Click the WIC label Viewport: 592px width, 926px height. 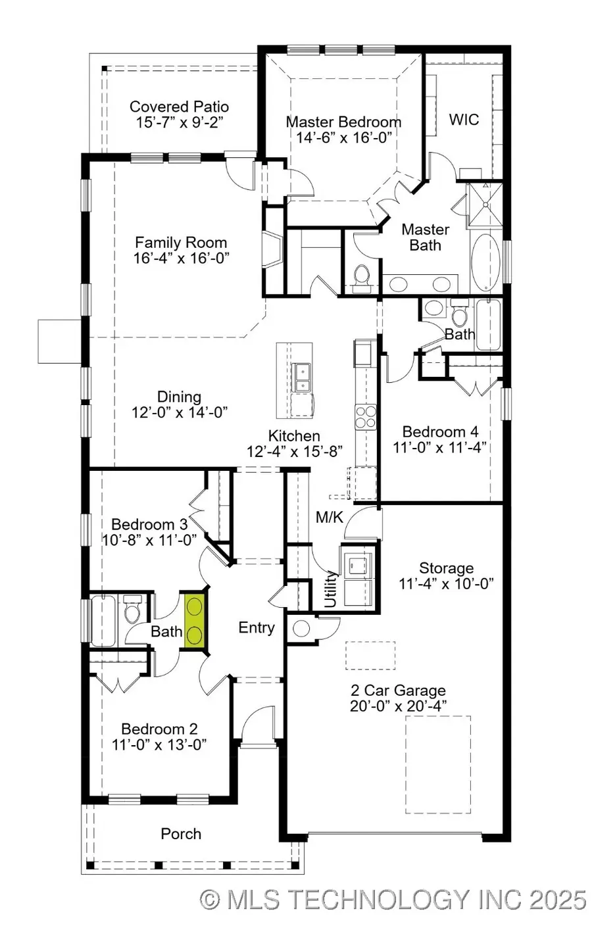pos(464,120)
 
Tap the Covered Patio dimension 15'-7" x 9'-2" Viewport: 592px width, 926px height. pos(180,122)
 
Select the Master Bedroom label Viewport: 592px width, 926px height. pos(343,122)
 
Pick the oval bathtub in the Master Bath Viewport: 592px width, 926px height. pos(485,262)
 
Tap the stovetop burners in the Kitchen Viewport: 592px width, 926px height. pos(366,417)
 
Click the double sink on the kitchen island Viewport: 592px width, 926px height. pos(303,377)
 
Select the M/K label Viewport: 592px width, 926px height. pos(330,517)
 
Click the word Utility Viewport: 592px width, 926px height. pos(331,589)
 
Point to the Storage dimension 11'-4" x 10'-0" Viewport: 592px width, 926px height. pos(446,584)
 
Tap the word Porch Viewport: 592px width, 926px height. pos(181,833)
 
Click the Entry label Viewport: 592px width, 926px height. pos(257,627)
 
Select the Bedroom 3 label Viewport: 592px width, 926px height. pos(149,524)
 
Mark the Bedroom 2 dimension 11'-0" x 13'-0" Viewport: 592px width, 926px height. pos(159,744)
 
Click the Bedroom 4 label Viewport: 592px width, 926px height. pos(440,431)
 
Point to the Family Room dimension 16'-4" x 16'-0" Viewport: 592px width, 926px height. pos(181,258)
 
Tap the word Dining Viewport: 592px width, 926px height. pos(180,397)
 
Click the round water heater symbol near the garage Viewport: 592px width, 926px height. pos(301,629)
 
